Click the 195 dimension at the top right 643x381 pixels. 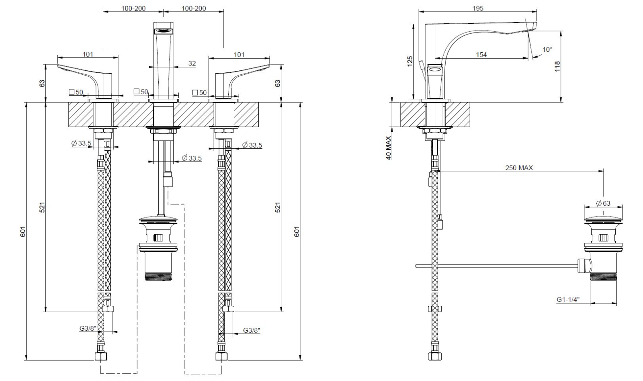click(x=478, y=8)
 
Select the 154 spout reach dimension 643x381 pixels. click(x=481, y=55)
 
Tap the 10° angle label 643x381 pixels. click(x=547, y=49)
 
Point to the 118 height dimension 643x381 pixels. click(x=557, y=66)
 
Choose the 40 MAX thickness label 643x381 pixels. click(x=389, y=148)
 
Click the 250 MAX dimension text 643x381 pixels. click(x=519, y=168)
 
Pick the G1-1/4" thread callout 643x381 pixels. click(x=567, y=299)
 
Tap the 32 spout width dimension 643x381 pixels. click(x=192, y=63)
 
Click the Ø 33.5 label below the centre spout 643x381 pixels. click(x=192, y=158)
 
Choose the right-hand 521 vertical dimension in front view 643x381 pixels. click(x=278, y=207)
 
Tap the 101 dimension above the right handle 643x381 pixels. click(x=239, y=55)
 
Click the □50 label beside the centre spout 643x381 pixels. click(x=141, y=92)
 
